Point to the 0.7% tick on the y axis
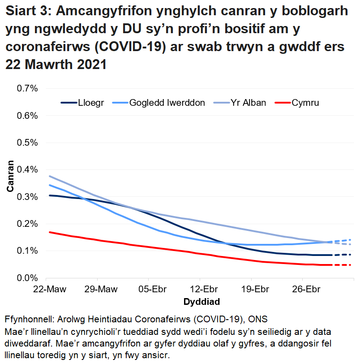(27, 88)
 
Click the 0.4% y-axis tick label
(27, 169)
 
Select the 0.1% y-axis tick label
(27, 251)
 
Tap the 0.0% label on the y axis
(27, 278)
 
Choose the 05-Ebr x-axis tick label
(149, 288)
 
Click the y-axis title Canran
(10, 176)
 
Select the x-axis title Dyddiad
(201, 299)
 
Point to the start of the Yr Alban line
(49, 176)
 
